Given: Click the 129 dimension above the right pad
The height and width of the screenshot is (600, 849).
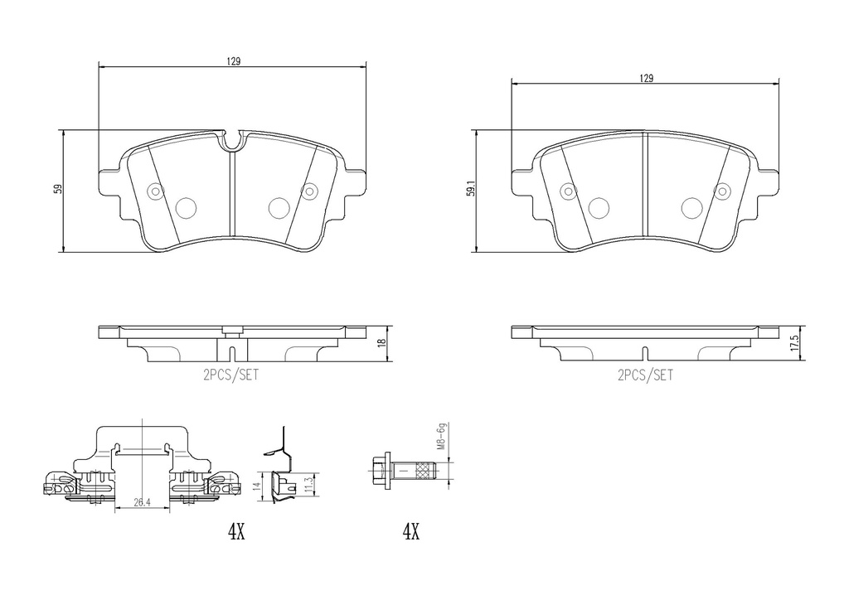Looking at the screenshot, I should coord(646,79).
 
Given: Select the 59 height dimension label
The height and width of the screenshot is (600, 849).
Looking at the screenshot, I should coord(57,189).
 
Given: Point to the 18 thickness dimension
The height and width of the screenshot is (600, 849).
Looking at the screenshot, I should coord(381,342).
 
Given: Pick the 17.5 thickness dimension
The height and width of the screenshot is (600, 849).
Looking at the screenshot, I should coord(793,342).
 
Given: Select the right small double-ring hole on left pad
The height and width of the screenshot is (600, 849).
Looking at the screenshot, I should coord(308,191).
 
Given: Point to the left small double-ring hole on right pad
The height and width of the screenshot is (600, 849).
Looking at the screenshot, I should coord(568,191).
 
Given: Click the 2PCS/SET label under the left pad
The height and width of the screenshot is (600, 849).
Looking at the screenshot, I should coord(231,375).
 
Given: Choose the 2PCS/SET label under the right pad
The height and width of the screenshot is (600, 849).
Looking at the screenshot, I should coord(645,375).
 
